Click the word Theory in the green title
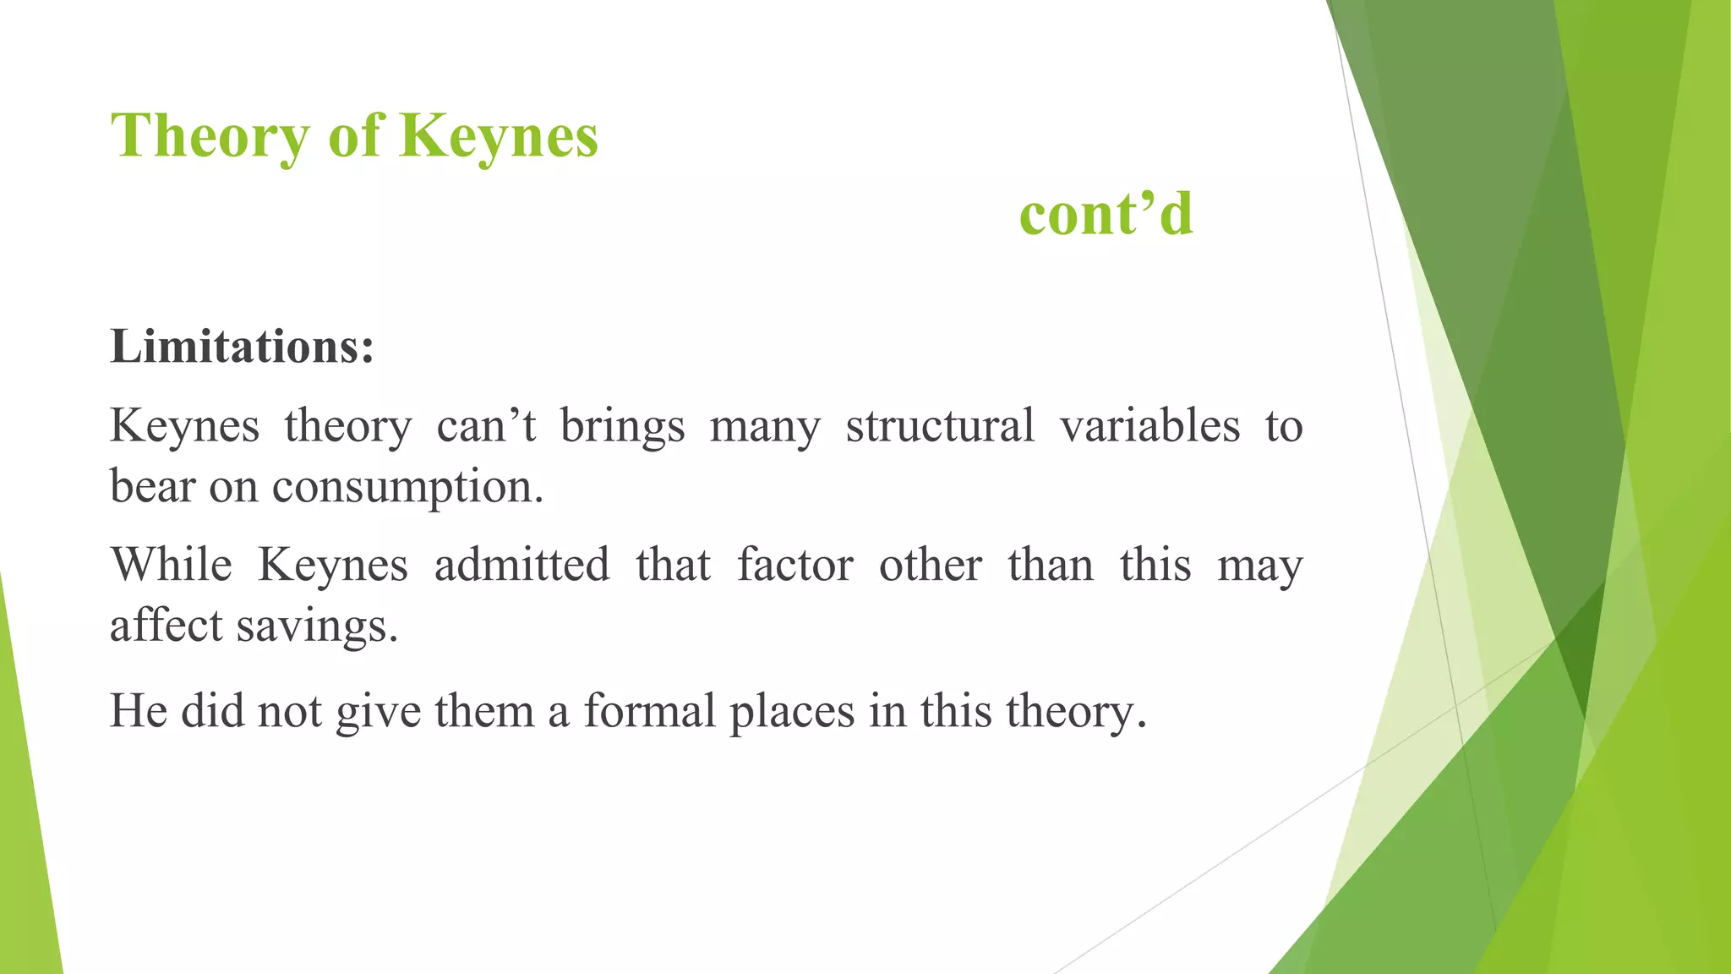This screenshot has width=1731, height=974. [210, 137]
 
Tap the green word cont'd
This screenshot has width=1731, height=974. [1106, 214]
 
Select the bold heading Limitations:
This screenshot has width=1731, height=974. [242, 347]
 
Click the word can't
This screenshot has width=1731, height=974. [486, 425]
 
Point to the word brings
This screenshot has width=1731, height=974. [623, 425]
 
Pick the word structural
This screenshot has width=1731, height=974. [940, 425]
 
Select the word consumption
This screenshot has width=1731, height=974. [407, 488]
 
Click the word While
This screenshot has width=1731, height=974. [172, 564]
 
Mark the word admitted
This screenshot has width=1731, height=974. [521, 564]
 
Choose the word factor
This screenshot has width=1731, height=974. [795, 564]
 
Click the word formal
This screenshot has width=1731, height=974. [650, 710]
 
